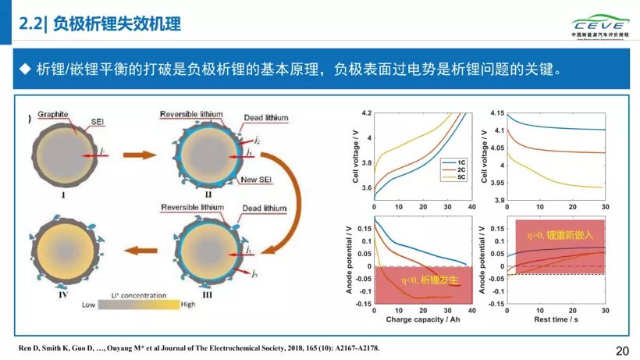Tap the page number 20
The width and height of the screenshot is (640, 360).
[x=622, y=351]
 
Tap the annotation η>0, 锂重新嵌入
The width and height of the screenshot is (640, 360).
[x=560, y=234]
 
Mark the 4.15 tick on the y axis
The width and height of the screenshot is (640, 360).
[x=492, y=114]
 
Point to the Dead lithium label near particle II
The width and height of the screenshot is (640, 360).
[x=265, y=118]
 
